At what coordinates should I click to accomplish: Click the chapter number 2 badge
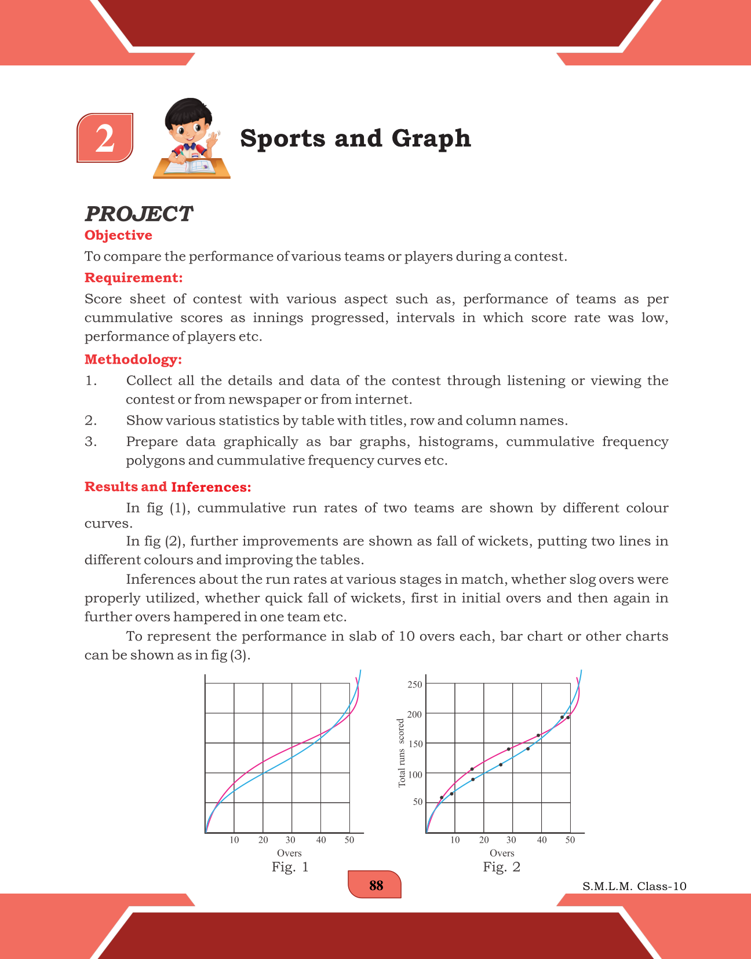(x=105, y=138)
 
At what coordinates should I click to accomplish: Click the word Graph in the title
(x=431, y=138)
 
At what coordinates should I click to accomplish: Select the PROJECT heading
(x=138, y=214)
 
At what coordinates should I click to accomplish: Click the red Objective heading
(x=118, y=235)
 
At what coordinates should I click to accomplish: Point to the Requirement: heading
(x=133, y=278)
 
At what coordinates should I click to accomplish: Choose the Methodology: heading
(x=133, y=360)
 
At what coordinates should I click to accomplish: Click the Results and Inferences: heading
(x=167, y=487)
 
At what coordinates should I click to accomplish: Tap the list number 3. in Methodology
(x=90, y=442)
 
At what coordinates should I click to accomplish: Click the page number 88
(x=375, y=885)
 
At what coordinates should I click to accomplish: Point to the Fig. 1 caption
(x=290, y=867)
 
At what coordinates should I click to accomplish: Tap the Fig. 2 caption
(x=502, y=867)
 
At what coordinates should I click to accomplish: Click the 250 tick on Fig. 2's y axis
(x=415, y=685)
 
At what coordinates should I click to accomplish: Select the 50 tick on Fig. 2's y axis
(x=418, y=802)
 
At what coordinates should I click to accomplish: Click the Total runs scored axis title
(x=402, y=753)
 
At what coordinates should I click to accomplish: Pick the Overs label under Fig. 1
(x=289, y=853)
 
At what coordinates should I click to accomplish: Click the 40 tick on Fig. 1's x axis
(x=321, y=840)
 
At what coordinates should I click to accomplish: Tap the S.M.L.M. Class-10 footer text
(x=635, y=886)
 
